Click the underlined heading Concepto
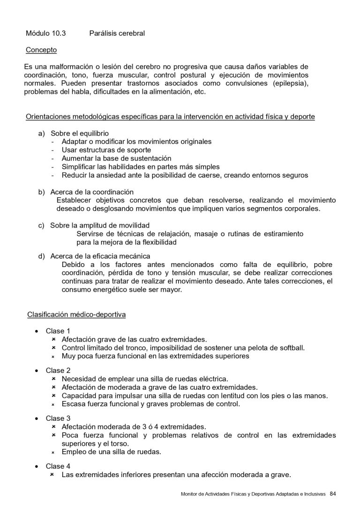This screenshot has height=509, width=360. (x=41, y=49)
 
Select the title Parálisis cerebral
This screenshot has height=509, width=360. (x=117, y=33)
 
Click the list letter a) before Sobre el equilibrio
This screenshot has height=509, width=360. (x=42, y=133)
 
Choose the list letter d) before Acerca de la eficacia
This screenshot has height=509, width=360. (x=42, y=256)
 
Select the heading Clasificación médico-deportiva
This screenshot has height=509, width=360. (x=76, y=314)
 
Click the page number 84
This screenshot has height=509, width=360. (x=333, y=494)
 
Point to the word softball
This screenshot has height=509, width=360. (x=291, y=348)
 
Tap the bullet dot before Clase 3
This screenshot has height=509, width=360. (x=37, y=418)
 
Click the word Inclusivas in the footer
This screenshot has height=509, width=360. (x=314, y=494)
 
